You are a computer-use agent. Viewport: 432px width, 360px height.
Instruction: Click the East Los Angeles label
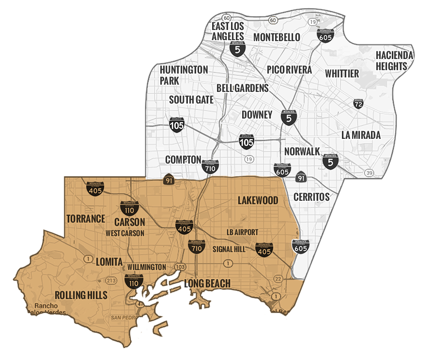(228, 30)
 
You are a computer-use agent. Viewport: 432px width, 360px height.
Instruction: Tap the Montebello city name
(277, 37)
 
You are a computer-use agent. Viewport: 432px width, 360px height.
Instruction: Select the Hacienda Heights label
(395, 60)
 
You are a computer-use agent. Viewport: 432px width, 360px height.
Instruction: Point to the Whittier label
(342, 74)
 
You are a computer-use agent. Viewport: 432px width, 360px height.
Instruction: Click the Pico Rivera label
(289, 70)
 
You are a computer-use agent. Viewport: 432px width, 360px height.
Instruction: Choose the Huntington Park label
(184, 75)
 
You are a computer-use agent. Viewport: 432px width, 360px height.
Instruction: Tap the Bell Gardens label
(242, 88)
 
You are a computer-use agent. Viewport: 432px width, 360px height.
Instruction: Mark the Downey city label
(257, 115)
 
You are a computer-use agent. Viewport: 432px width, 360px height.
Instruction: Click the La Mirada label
(361, 135)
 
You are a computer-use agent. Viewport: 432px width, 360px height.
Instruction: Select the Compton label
(183, 159)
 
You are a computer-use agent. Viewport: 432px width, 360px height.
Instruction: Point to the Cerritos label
(311, 196)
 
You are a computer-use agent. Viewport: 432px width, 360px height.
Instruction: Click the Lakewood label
(258, 200)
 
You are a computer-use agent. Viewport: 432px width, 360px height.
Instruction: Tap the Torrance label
(86, 218)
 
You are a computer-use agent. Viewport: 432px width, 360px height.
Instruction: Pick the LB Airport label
(242, 232)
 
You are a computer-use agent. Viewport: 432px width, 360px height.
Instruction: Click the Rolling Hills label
(81, 295)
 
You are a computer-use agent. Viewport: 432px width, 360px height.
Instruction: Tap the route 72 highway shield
(358, 104)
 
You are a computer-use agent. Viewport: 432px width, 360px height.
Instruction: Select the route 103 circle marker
(180, 267)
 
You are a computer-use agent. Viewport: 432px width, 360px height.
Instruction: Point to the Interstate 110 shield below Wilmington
(133, 281)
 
